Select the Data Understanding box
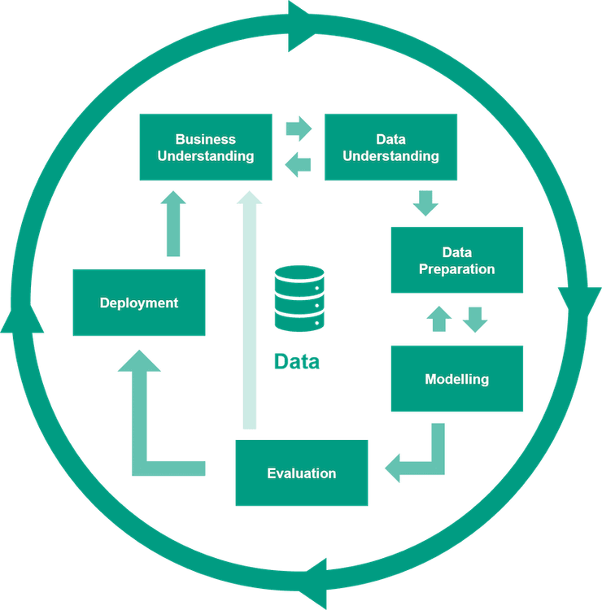[x=390, y=147]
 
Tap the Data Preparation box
[x=456, y=259]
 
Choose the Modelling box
[x=456, y=378]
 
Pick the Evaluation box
[x=301, y=473]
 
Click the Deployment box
[x=139, y=303]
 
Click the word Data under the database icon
[x=297, y=361]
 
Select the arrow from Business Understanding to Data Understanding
[x=299, y=128]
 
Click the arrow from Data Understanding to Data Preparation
[x=425, y=203]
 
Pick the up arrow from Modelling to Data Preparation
[x=439, y=319]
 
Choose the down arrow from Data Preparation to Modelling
[x=475, y=319]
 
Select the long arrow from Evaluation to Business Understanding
[x=250, y=309]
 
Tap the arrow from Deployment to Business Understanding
[x=172, y=224]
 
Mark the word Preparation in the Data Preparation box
[x=456, y=268]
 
